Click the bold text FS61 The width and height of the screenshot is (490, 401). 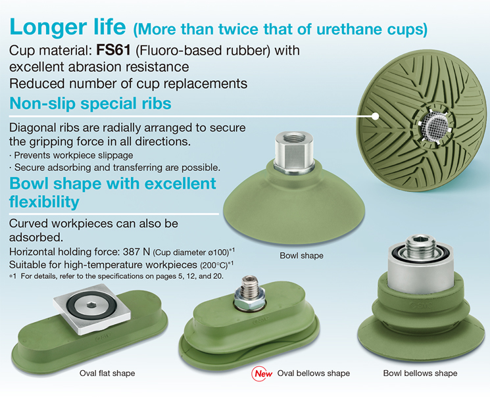pyautogui.click(x=113, y=50)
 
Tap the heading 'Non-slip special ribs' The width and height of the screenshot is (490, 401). pyautogui.click(x=90, y=103)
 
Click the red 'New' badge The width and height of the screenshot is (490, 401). pyautogui.click(x=262, y=373)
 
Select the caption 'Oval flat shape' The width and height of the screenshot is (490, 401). pyautogui.click(x=107, y=373)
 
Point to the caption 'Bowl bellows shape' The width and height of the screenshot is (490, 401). pyautogui.click(x=420, y=373)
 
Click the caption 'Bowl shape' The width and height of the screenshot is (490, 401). pyautogui.click(x=301, y=256)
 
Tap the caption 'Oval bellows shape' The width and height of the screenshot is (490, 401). pyautogui.click(x=314, y=373)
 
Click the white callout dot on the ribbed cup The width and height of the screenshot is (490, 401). pyautogui.click(x=375, y=116)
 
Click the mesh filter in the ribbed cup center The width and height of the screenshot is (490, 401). pyautogui.click(x=433, y=125)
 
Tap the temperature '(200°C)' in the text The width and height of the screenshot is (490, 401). pyautogui.click(x=214, y=265)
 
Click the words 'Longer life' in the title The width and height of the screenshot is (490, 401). pyautogui.click(x=68, y=27)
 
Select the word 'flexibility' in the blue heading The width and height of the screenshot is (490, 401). pyautogui.click(x=44, y=201)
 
